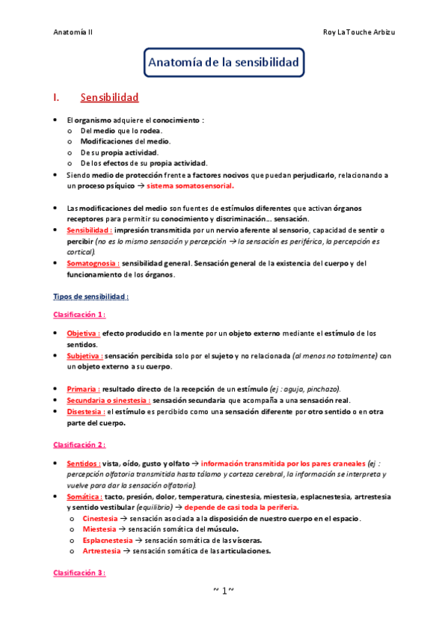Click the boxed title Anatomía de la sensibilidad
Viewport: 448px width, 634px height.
(224, 61)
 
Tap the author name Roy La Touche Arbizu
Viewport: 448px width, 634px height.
(358, 32)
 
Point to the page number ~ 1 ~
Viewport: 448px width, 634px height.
(224, 591)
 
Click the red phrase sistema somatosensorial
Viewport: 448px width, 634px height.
(190, 185)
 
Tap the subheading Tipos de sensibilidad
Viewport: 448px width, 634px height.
(90, 296)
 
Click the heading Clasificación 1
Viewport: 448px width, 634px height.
(79, 314)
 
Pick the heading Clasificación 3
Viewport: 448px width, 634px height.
(79, 573)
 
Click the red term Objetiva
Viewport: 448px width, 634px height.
(83, 333)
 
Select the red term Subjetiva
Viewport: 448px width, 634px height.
(84, 356)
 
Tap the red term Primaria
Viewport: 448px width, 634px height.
(83, 389)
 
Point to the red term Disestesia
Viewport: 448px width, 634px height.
(85, 411)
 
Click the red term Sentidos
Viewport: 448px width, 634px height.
(83, 463)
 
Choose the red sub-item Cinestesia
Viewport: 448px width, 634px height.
(99, 518)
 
